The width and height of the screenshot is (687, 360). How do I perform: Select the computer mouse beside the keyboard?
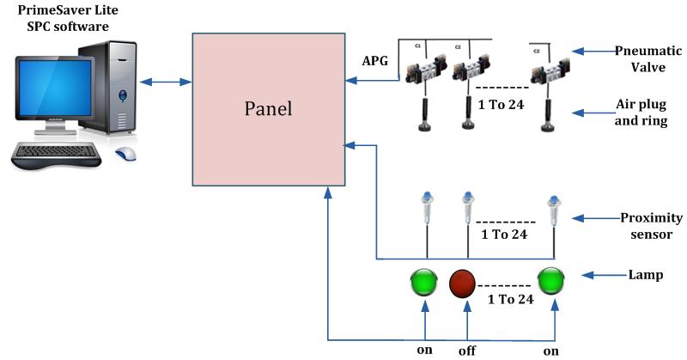click(126, 155)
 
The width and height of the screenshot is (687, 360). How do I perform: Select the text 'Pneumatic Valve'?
click(641, 58)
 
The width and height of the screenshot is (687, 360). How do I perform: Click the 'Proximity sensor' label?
click(641, 224)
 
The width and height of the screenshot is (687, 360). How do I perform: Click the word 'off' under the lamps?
click(467, 350)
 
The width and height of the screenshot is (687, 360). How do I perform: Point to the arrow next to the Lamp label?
click(600, 275)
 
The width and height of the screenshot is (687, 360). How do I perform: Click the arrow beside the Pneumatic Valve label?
click(594, 49)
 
